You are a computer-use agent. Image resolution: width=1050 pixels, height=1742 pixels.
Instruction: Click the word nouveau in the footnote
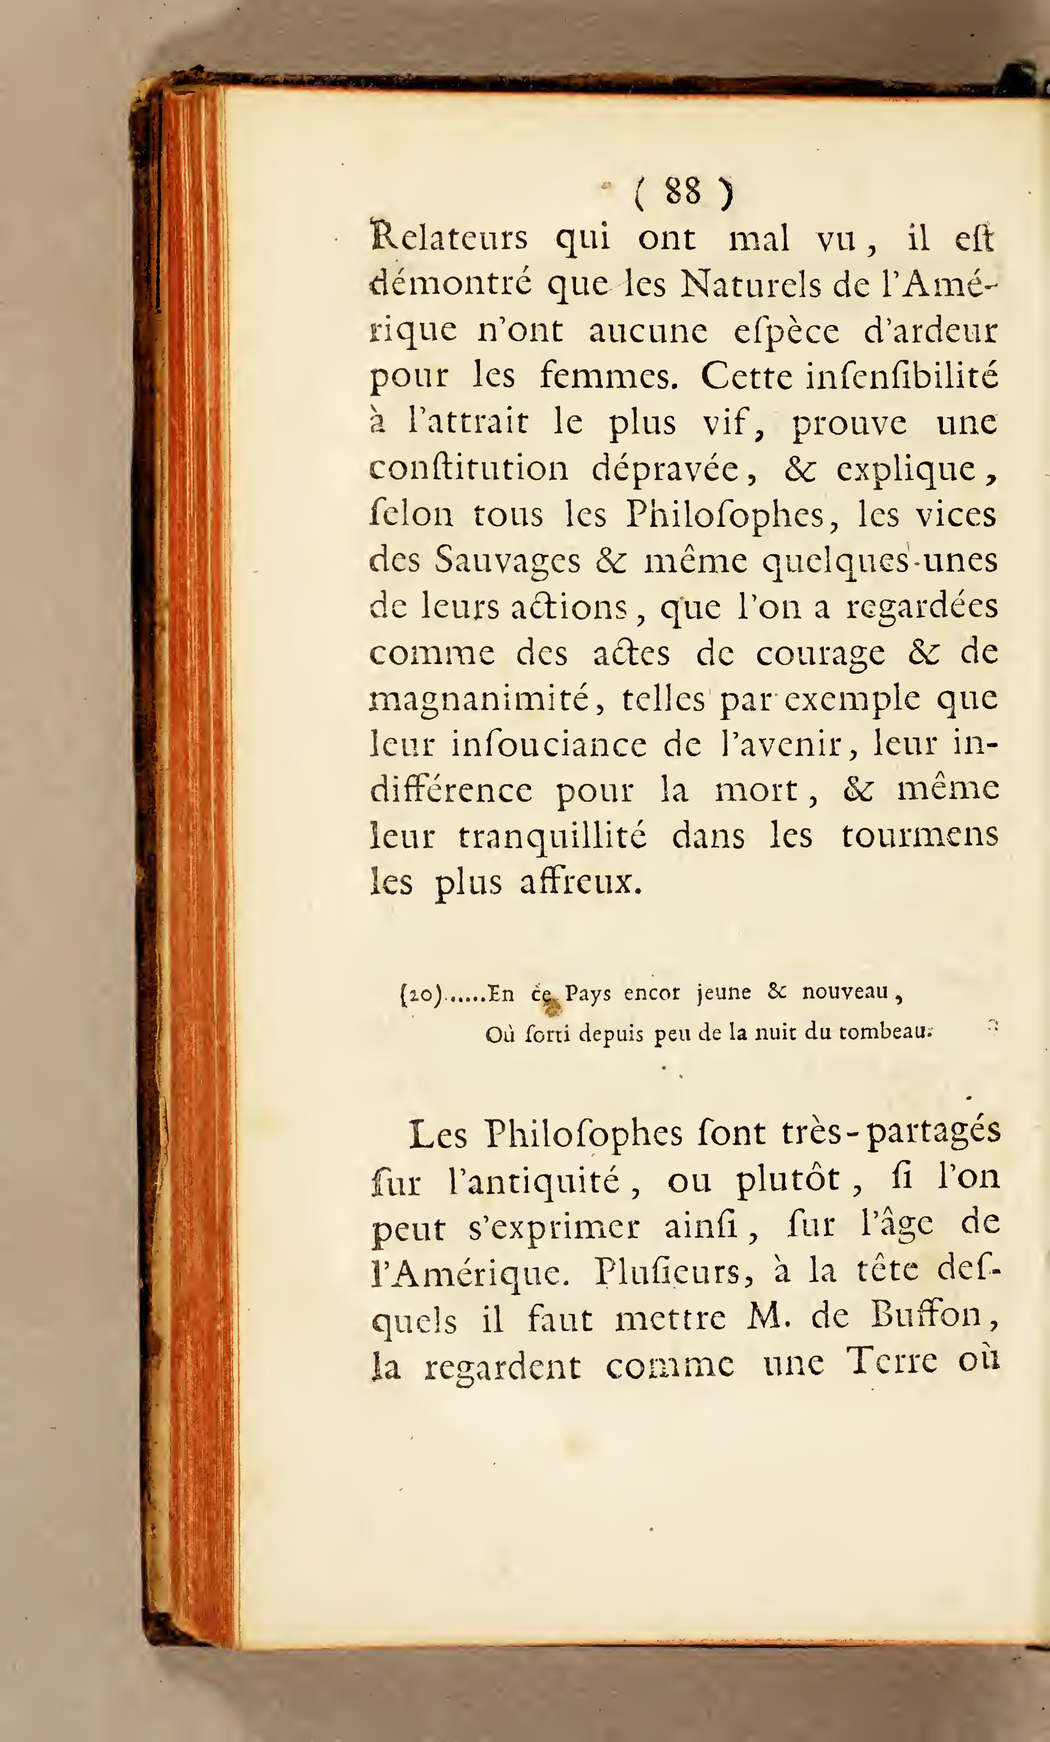[845, 993]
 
